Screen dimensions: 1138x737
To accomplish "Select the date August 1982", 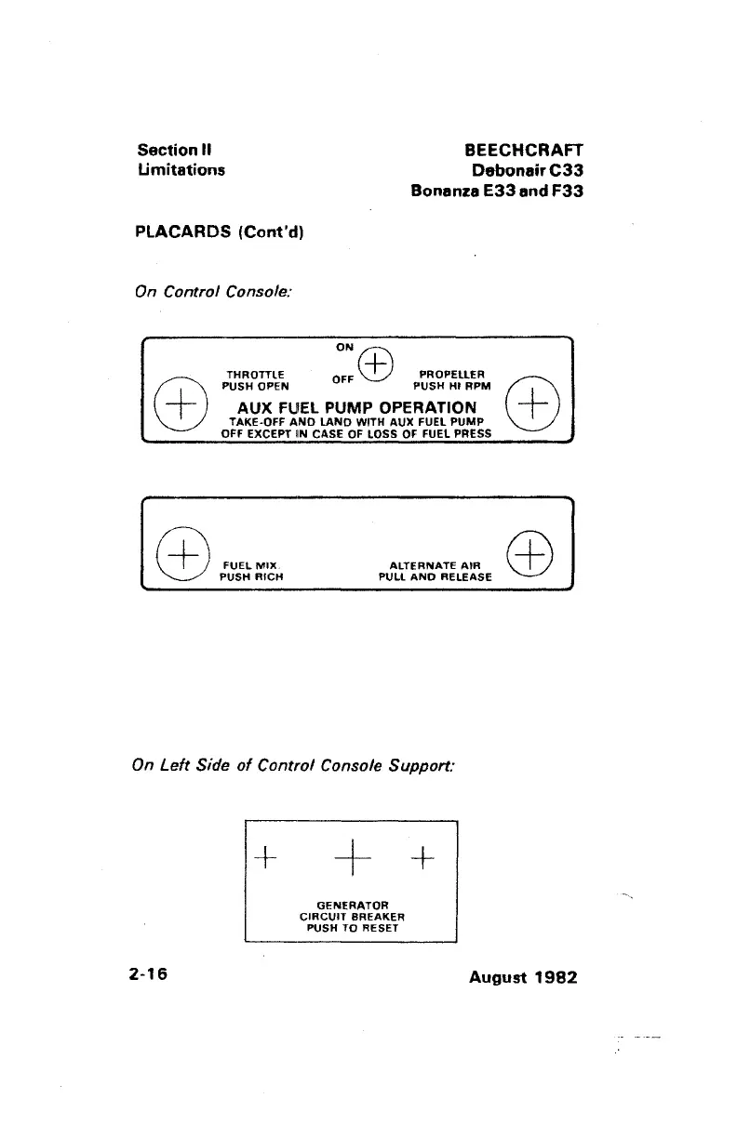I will tap(525, 978).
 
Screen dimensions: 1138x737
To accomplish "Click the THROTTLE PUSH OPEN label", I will tap(255, 380).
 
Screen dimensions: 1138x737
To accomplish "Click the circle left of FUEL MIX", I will tap(182, 556).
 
